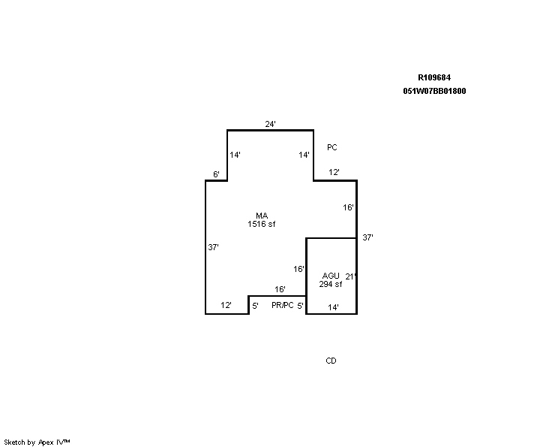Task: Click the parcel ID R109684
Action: pyautogui.click(x=434, y=77)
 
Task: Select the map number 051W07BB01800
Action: pyautogui.click(x=434, y=91)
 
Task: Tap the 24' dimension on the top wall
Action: pyautogui.click(x=270, y=124)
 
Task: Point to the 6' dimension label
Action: pyautogui.click(x=216, y=174)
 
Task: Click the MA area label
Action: pyautogui.click(x=262, y=216)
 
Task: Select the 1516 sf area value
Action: pyautogui.click(x=262, y=224)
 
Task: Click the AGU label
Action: pyautogui.click(x=331, y=276)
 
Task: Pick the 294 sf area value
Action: pyautogui.click(x=331, y=284)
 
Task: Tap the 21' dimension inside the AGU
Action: pyautogui.click(x=350, y=276)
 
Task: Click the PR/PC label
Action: pyautogui.click(x=283, y=305)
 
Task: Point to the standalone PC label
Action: pyautogui.click(x=332, y=147)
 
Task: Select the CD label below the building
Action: pyautogui.click(x=331, y=361)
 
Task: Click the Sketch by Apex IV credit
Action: pyautogui.click(x=37, y=442)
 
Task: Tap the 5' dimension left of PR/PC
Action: pyautogui.click(x=255, y=306)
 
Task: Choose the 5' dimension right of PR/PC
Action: pyautogui.click(x=300, y=306)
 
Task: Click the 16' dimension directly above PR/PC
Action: pyautogui.click(x=280, y=289)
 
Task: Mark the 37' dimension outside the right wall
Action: pyautogui.click(x=367, y=237)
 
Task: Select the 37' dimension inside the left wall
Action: pyautogui.click(x=213, y=247)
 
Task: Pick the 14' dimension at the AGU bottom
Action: pyautogui.click(x=333, y=307)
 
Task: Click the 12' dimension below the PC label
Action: pyautogui.click(x=334, y=172)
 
